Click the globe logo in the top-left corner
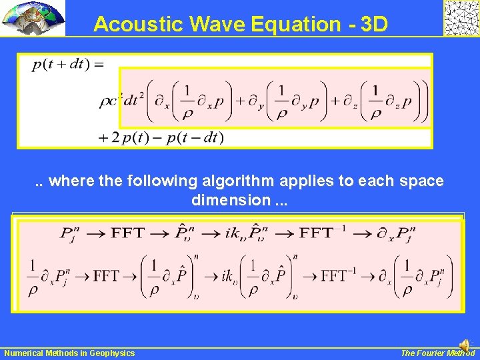click(x=33, y=18)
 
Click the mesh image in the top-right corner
click(x=461, y=18)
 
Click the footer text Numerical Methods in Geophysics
click(x=69, y=353)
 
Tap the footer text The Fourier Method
click(x=437, y=353)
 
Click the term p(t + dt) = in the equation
click(x=67, y=64)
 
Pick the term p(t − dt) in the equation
click(x=195, y=137)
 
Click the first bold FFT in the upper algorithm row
click(x=127, y=233)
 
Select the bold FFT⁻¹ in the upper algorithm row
click(x=325, y=233)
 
